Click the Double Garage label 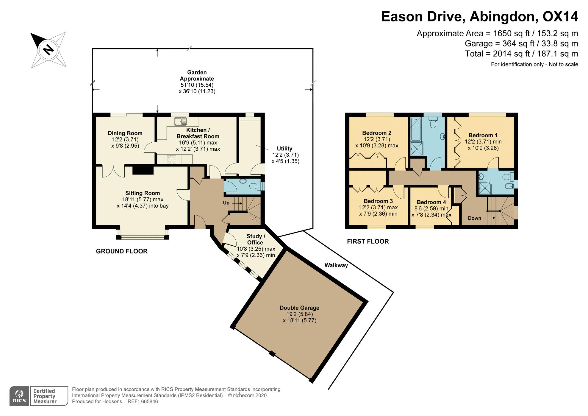(299, 308)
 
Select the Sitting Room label (143, 193)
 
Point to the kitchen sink (181, 121)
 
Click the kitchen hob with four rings (171, 159)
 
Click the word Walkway (336, 265)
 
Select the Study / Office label (256, 239)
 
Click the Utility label (284, 149)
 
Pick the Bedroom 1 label (483, 135)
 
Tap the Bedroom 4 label (431, 202)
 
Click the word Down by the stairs (474, 218)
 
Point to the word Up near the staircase (226, 203)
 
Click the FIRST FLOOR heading (368, 242)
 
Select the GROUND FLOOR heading (122, 251)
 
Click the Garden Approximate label (197, 76)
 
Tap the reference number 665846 (149, 401)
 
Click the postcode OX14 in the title (560, 17)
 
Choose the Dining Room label (125, 133)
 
